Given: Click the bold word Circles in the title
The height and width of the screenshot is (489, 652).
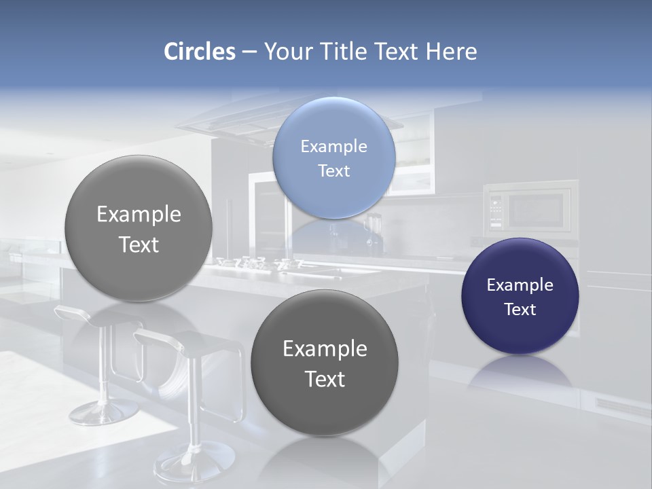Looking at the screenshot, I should (199, 52).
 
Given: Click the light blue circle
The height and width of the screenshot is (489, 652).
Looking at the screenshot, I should (334, 158).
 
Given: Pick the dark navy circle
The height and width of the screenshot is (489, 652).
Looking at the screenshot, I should (520, 296).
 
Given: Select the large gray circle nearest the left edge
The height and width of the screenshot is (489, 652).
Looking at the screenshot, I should (139, 229).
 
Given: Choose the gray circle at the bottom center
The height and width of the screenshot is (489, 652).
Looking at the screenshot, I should (325, 363).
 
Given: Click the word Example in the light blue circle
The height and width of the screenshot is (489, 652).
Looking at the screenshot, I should (334, 147).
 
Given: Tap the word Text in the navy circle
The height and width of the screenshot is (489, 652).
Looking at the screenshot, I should (520, 309).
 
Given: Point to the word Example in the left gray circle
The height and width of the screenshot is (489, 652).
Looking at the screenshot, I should (139, 215).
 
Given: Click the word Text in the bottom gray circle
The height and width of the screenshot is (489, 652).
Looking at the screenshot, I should (325, 379).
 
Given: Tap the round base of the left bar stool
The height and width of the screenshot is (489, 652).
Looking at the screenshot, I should (104, 411).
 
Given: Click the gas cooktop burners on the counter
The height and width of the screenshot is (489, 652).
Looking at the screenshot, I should (258, 264).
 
